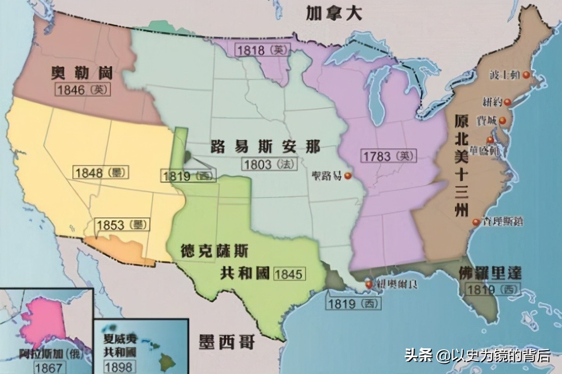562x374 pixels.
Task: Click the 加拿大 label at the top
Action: click(x=334, y=13)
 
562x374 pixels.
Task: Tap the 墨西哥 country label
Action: click(x=226, y=342)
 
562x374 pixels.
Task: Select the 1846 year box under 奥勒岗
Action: click(x=83, y=90)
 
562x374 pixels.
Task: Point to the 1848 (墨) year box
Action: click(x=101, y=173)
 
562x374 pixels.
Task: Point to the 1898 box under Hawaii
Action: click(x=118, y=366)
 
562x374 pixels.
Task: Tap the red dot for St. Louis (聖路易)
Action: click(x=347, y=176)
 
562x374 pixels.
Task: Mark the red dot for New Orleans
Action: click(x=369, y=283)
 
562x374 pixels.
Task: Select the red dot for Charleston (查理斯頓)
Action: click(x=476, y=222)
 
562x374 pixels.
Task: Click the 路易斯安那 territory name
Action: click(x=266, y=147)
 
